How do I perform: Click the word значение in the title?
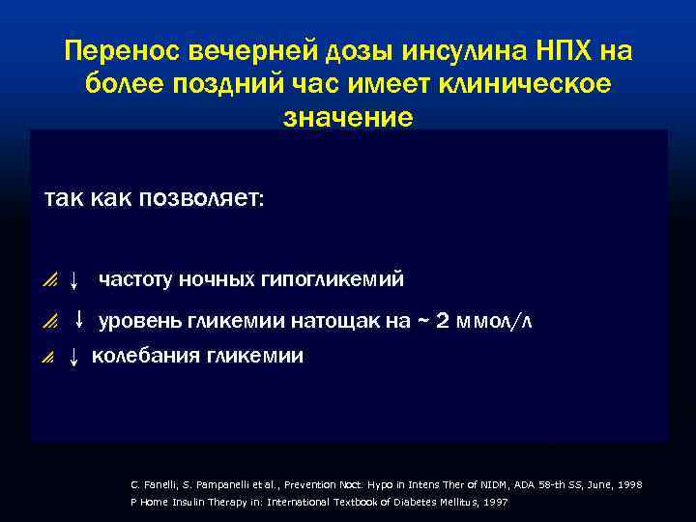[348, 117]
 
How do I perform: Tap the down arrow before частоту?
[73, 281]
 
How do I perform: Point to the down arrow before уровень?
[79, 319]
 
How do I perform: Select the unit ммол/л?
[496, 322]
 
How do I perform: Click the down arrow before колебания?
[73, 358]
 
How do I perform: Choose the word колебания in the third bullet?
[145, 356]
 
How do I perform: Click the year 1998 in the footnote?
[628, 483]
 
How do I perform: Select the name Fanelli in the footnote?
[155, 483]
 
